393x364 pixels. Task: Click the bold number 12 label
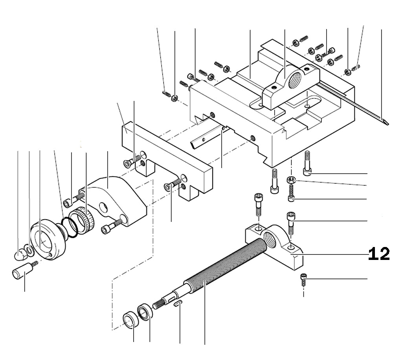tap(379, 254)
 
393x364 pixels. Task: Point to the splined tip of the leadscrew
tap(159, 303)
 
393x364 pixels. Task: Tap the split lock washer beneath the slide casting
tap(290, 180)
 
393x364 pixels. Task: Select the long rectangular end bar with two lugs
tap(165, 157)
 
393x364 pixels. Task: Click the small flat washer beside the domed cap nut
tap(28, 249)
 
